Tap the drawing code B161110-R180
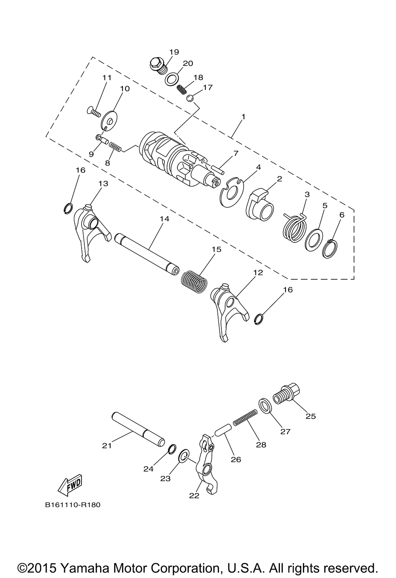coord(73,505)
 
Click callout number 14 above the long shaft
coord(164,219)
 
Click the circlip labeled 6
coord(331,249)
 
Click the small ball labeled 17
coord(190,97)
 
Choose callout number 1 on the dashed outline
coord(243,117)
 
